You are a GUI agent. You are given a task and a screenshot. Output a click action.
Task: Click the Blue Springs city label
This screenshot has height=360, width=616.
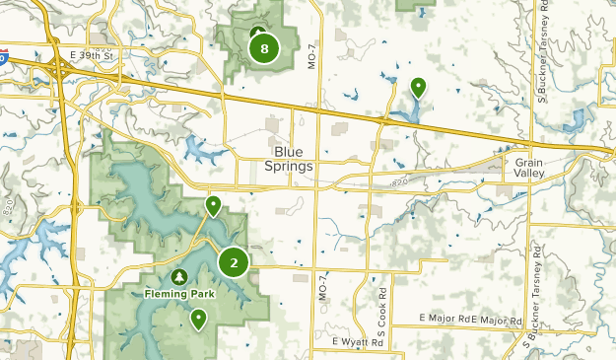point(289,159)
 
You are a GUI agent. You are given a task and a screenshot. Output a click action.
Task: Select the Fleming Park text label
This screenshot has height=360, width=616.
point(178,293)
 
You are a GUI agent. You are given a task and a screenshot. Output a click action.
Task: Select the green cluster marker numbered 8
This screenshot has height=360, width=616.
point(262,47)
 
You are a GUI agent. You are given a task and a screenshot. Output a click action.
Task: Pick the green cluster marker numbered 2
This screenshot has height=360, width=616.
point(234,262)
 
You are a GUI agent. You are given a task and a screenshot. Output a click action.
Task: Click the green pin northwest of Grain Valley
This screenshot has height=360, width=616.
point(418,88)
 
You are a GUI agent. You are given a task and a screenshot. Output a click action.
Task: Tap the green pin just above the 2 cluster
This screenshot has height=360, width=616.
point(213,205)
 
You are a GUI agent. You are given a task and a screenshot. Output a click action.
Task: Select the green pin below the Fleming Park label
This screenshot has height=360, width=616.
point(199,319)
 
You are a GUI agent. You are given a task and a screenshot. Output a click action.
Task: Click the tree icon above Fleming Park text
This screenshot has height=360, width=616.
point(178,277)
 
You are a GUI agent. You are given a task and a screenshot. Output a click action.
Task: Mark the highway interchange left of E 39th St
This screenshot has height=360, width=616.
point(61,71)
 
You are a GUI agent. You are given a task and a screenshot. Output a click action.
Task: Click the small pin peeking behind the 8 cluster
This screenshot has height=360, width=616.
point(257,32)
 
